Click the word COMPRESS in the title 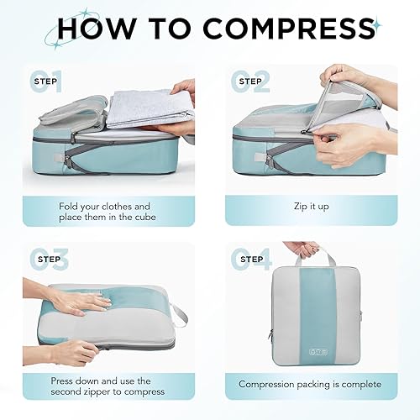(x=281, y=29)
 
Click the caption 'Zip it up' (x=310, y=205)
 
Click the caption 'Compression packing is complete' (x=310, y=384)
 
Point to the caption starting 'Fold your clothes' (x=105, y=212)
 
